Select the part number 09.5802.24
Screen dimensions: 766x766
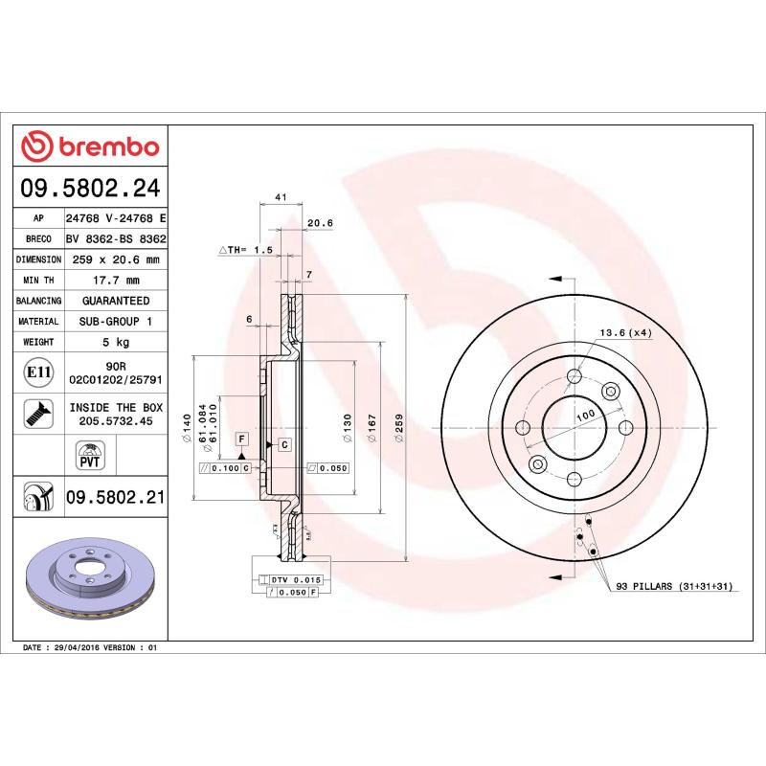(x=92, y=187)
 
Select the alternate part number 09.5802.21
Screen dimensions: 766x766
(x=116, y=497)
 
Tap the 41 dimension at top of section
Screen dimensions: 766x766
(x=281, y=197)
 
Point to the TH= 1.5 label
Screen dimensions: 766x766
(x=247, y=249)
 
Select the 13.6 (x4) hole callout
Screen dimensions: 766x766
(x=625, y=332)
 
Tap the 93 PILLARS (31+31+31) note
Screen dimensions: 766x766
(x=673, y=585)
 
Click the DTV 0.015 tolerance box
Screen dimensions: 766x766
(x=295, y=580)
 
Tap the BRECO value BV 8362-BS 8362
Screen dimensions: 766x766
(x=116, y=239)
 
